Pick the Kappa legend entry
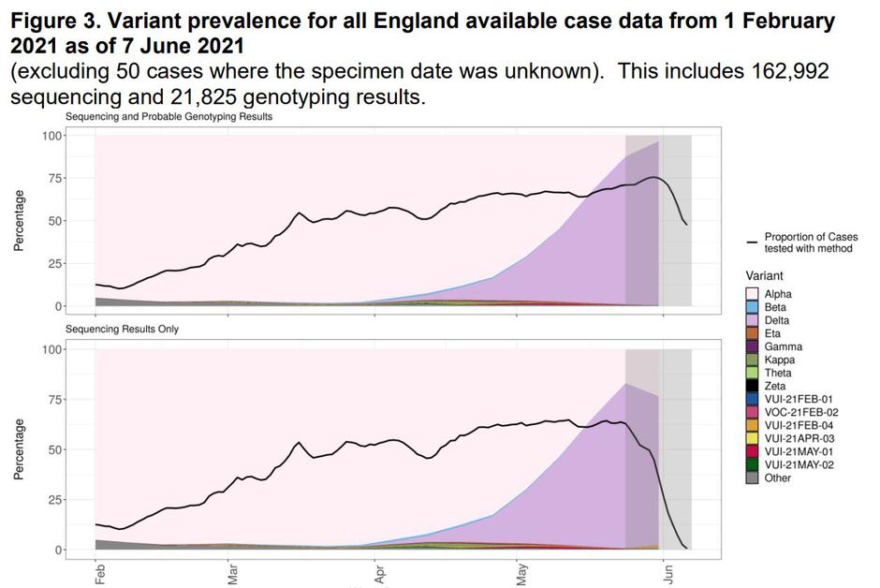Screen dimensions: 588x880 tap(753, 360)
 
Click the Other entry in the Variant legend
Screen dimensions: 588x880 tap(753, 478)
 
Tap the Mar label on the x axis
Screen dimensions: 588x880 tap(233, 572)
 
